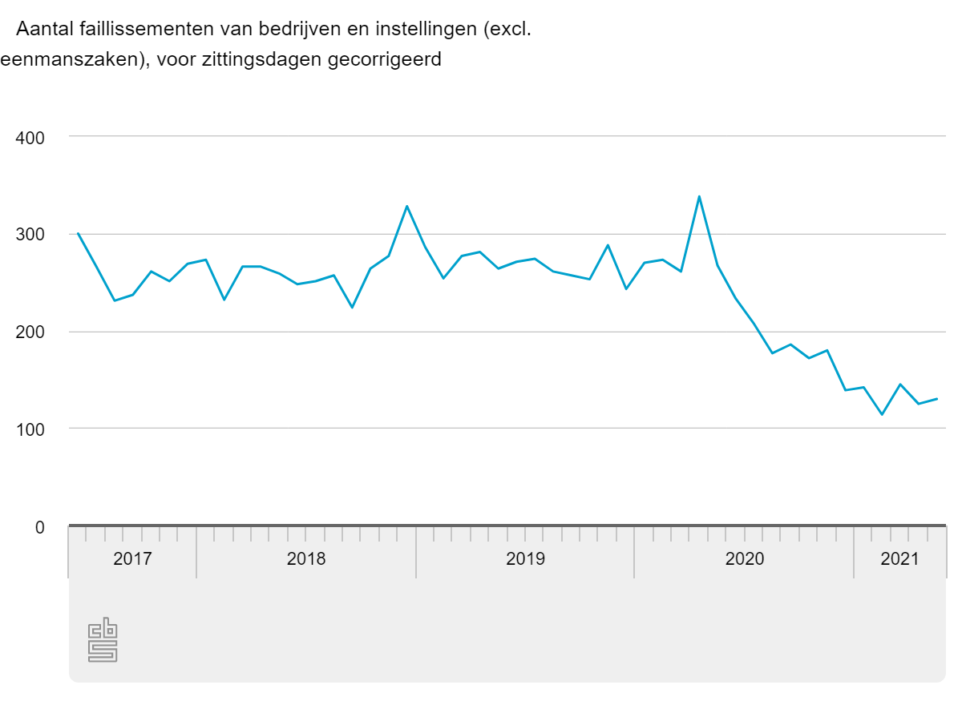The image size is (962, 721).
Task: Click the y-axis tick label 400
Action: tap(30, 137)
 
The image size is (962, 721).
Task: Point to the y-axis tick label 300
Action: tap(30, 235)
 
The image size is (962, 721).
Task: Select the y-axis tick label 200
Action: tap(30, 332)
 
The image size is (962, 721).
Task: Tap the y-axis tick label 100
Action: tap(30, 429)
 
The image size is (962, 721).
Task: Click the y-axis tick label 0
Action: tap(39, 527)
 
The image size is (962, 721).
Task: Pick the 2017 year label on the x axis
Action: tap(132, 559)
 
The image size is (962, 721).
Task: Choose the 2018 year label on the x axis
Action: tap(306, 559)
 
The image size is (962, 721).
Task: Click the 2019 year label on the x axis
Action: tap(525, 559)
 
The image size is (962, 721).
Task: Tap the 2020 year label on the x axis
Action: tap(745, 559)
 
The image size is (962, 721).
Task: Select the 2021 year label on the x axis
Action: tap(899, 559)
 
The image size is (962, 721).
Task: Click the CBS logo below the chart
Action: tap(103, 640)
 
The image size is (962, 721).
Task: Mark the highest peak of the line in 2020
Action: tap(699, 196)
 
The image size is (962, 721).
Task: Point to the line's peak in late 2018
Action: tap(406, 206)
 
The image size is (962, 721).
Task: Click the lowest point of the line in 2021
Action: tap(882, 414)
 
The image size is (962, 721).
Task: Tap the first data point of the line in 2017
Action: tap(78, 233)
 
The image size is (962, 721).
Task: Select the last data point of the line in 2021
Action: tap(936, 399)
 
